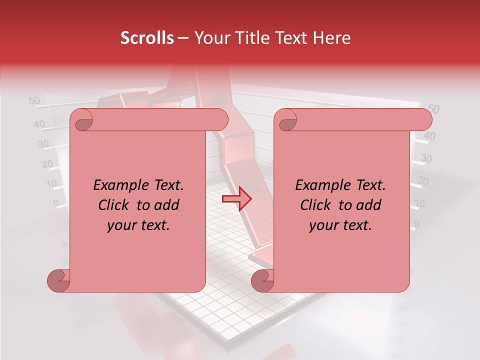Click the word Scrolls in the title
(147, 38)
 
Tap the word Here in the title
(332, 38)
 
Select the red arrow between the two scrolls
(236, 199)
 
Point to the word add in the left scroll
(167, 205)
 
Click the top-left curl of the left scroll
(81, 120)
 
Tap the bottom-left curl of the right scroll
(262, 280)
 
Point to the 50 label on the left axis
(34, 101)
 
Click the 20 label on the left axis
(47, 163)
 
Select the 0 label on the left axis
(56, 202)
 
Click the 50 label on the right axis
(433, 109)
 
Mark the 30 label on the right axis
(426, 158)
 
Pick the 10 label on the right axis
(420, 203)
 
